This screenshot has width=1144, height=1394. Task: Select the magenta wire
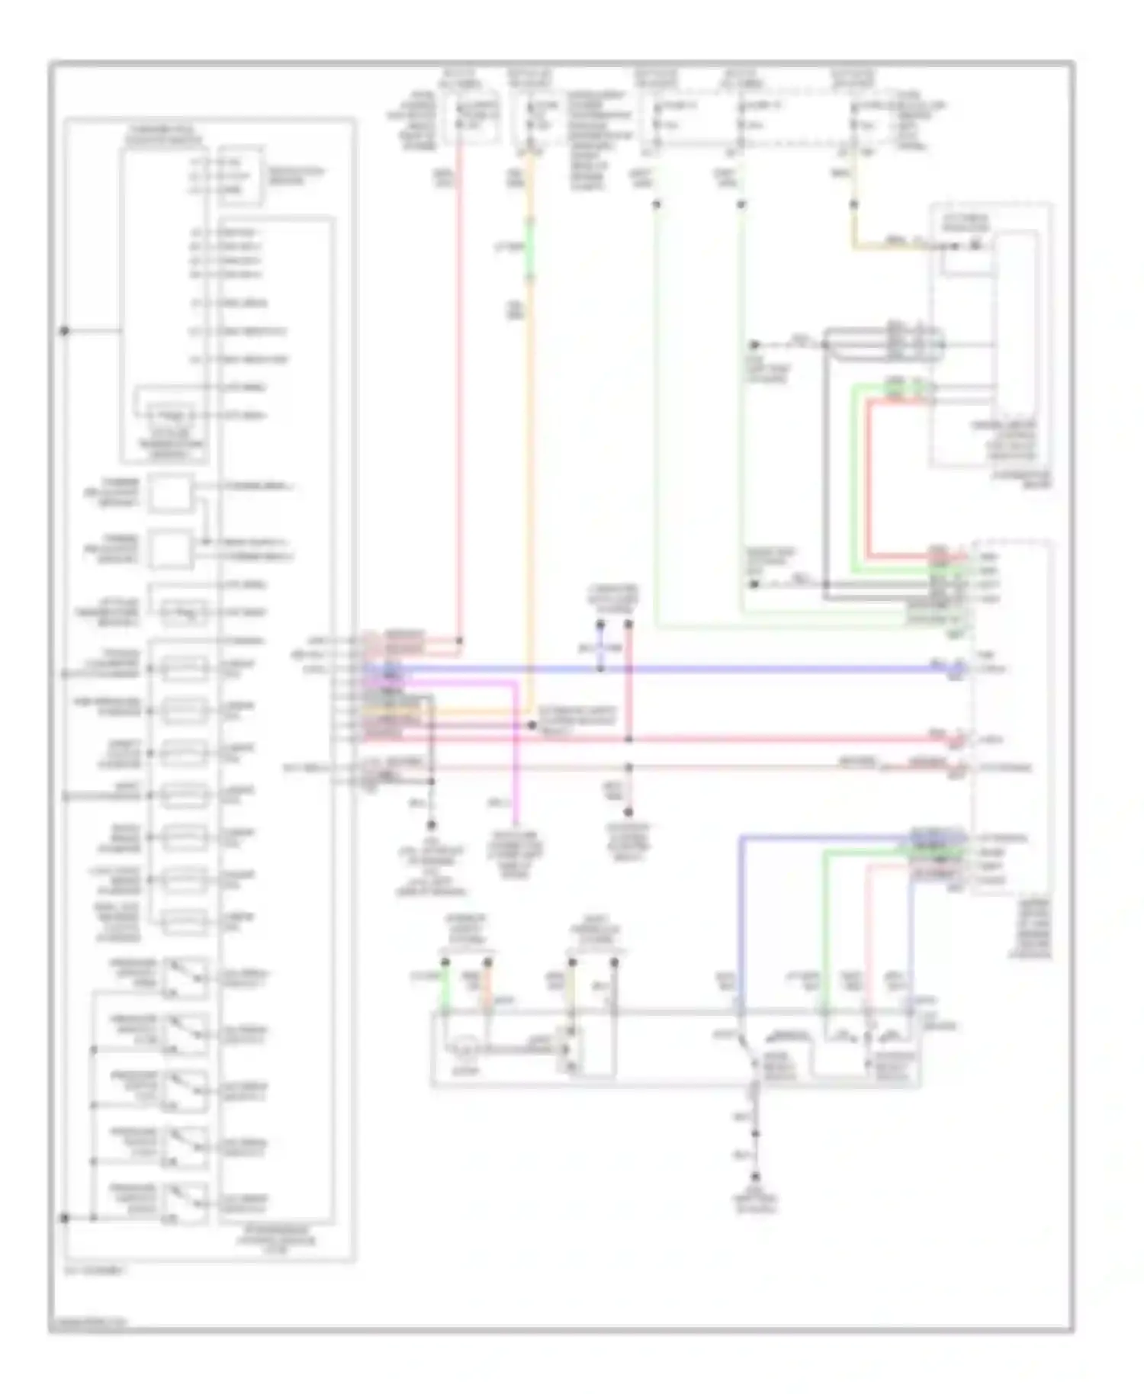coord(516,755)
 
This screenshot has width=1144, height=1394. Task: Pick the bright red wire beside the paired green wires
coord(868,480)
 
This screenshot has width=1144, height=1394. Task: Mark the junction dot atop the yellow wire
coord(853,204)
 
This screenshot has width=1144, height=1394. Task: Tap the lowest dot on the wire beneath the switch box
coord(756,1177)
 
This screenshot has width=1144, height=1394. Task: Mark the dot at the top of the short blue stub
coord(600,625)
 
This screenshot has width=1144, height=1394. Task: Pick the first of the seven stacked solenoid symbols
coord(183,669)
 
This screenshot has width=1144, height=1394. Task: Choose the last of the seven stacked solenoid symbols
coord(183,922)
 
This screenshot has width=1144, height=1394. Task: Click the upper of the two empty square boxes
coord(170,493)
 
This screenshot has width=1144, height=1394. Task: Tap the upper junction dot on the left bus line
coord(65,331)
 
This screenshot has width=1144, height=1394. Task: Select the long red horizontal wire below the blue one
coord(763,739)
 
